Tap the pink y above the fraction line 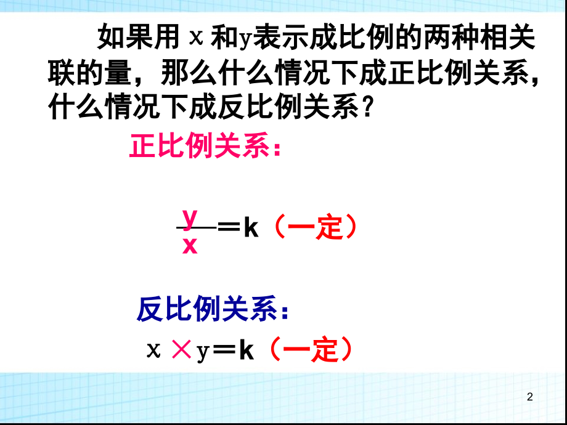coord(190,217)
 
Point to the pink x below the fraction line coord(190,245)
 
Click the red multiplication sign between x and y coord(181,350)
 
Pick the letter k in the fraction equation coord(250,229)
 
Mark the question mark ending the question coord(368,110)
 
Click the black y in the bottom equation coord(202,352)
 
